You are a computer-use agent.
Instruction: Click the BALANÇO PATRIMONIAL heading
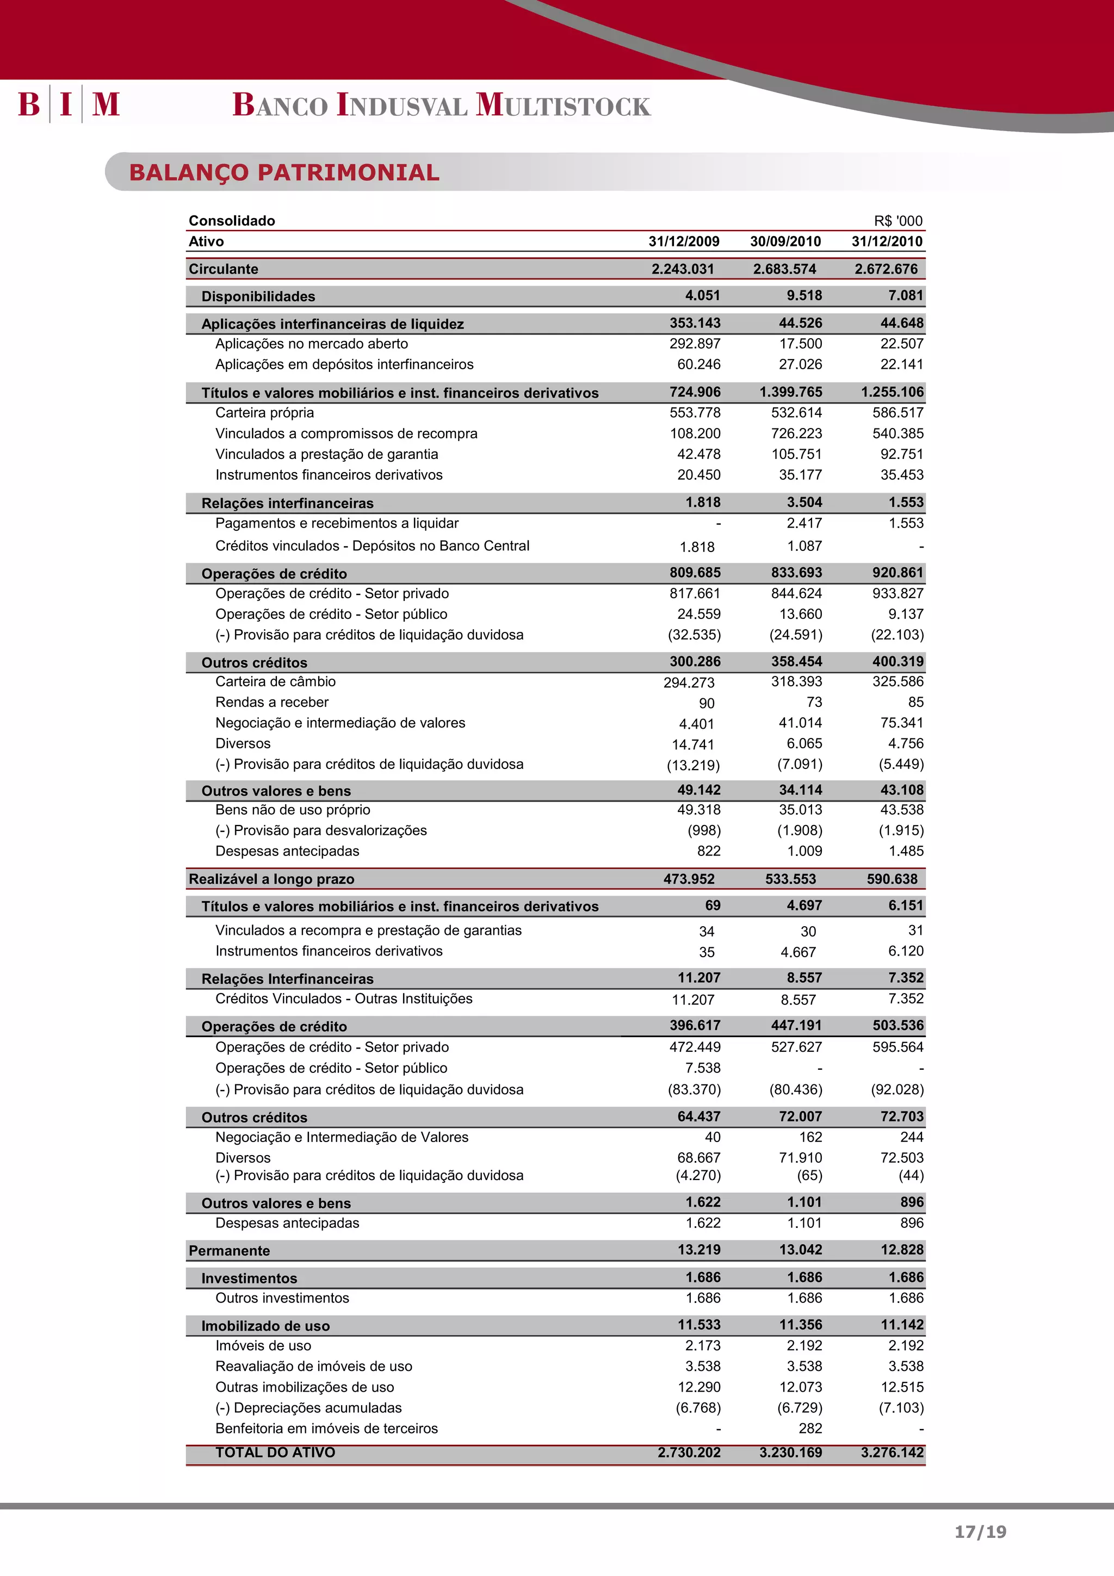click(284, 172)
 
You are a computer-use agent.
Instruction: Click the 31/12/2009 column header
click(684, 241)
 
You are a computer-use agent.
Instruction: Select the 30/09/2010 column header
click(785, 241)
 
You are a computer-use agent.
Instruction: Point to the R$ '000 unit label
click(898, 221)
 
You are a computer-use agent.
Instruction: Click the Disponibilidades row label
click(258, 296)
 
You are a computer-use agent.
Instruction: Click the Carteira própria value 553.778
click(695, 413)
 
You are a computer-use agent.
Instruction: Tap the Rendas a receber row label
click(272, 702)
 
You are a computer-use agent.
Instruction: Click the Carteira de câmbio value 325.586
click(898, 681)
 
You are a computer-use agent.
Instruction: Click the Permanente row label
click(229, 1251)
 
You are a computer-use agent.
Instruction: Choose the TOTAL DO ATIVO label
click(275, 1453)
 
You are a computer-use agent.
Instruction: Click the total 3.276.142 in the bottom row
click(892, 1453)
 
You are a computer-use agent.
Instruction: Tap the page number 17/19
click(980, 1532)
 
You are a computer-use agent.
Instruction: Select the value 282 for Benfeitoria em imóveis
click(810, 1429)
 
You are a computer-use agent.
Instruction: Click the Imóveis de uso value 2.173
click(703, 1345)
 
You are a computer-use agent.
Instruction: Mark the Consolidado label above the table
click(232, 221)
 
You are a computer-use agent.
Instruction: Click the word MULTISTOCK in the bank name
click(563, 105)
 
